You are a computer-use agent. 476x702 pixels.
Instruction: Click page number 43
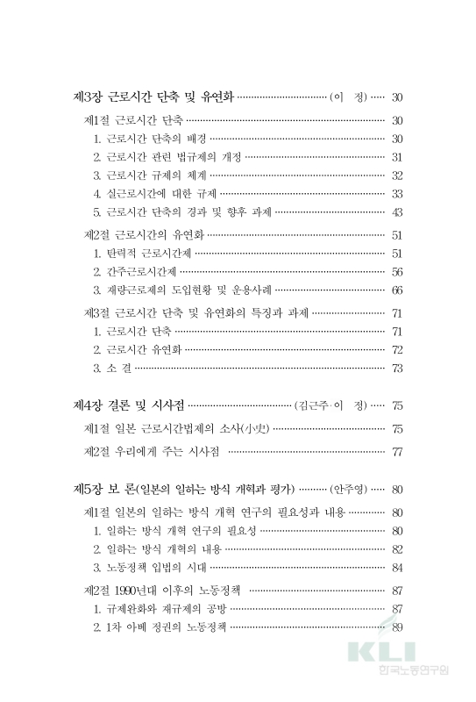pos(397,211)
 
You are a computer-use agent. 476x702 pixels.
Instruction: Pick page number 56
pos(397,271)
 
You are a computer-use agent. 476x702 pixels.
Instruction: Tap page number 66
pos(397,290)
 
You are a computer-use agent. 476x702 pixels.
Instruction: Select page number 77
pos(397,452)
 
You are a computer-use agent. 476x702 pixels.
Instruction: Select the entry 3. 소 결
pos(112,368)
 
